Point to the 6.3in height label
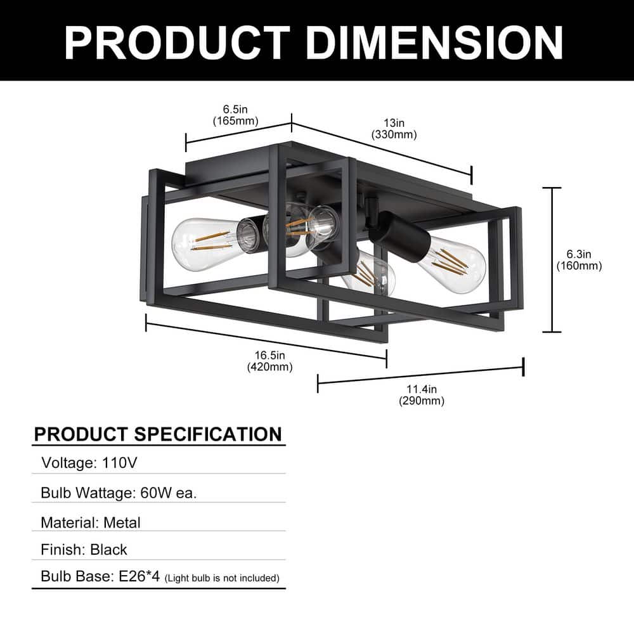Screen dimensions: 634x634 [579, 254]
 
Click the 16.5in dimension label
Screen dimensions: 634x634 [269, 355]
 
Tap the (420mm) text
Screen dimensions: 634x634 [269, 367]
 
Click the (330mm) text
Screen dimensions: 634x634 [394, 134]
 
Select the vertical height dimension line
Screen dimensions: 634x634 [552, 260]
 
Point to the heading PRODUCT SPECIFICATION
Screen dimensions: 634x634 [158, 434]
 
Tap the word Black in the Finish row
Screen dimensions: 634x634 [108, 549]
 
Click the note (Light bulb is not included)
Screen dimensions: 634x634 [222, 578]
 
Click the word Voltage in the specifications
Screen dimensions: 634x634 [67, 463]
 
